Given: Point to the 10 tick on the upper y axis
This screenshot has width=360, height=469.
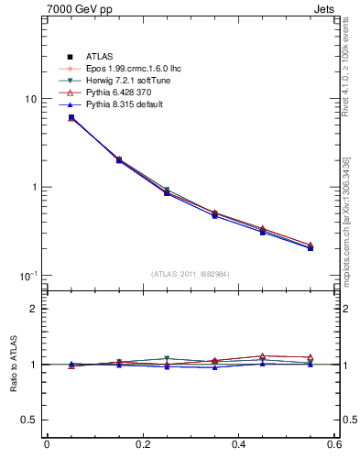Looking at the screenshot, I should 28,99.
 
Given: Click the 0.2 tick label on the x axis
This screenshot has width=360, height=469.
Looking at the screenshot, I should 142,445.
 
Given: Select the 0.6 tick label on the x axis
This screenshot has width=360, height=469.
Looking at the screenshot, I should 335,445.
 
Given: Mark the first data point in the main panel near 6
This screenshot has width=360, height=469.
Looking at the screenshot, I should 71,117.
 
